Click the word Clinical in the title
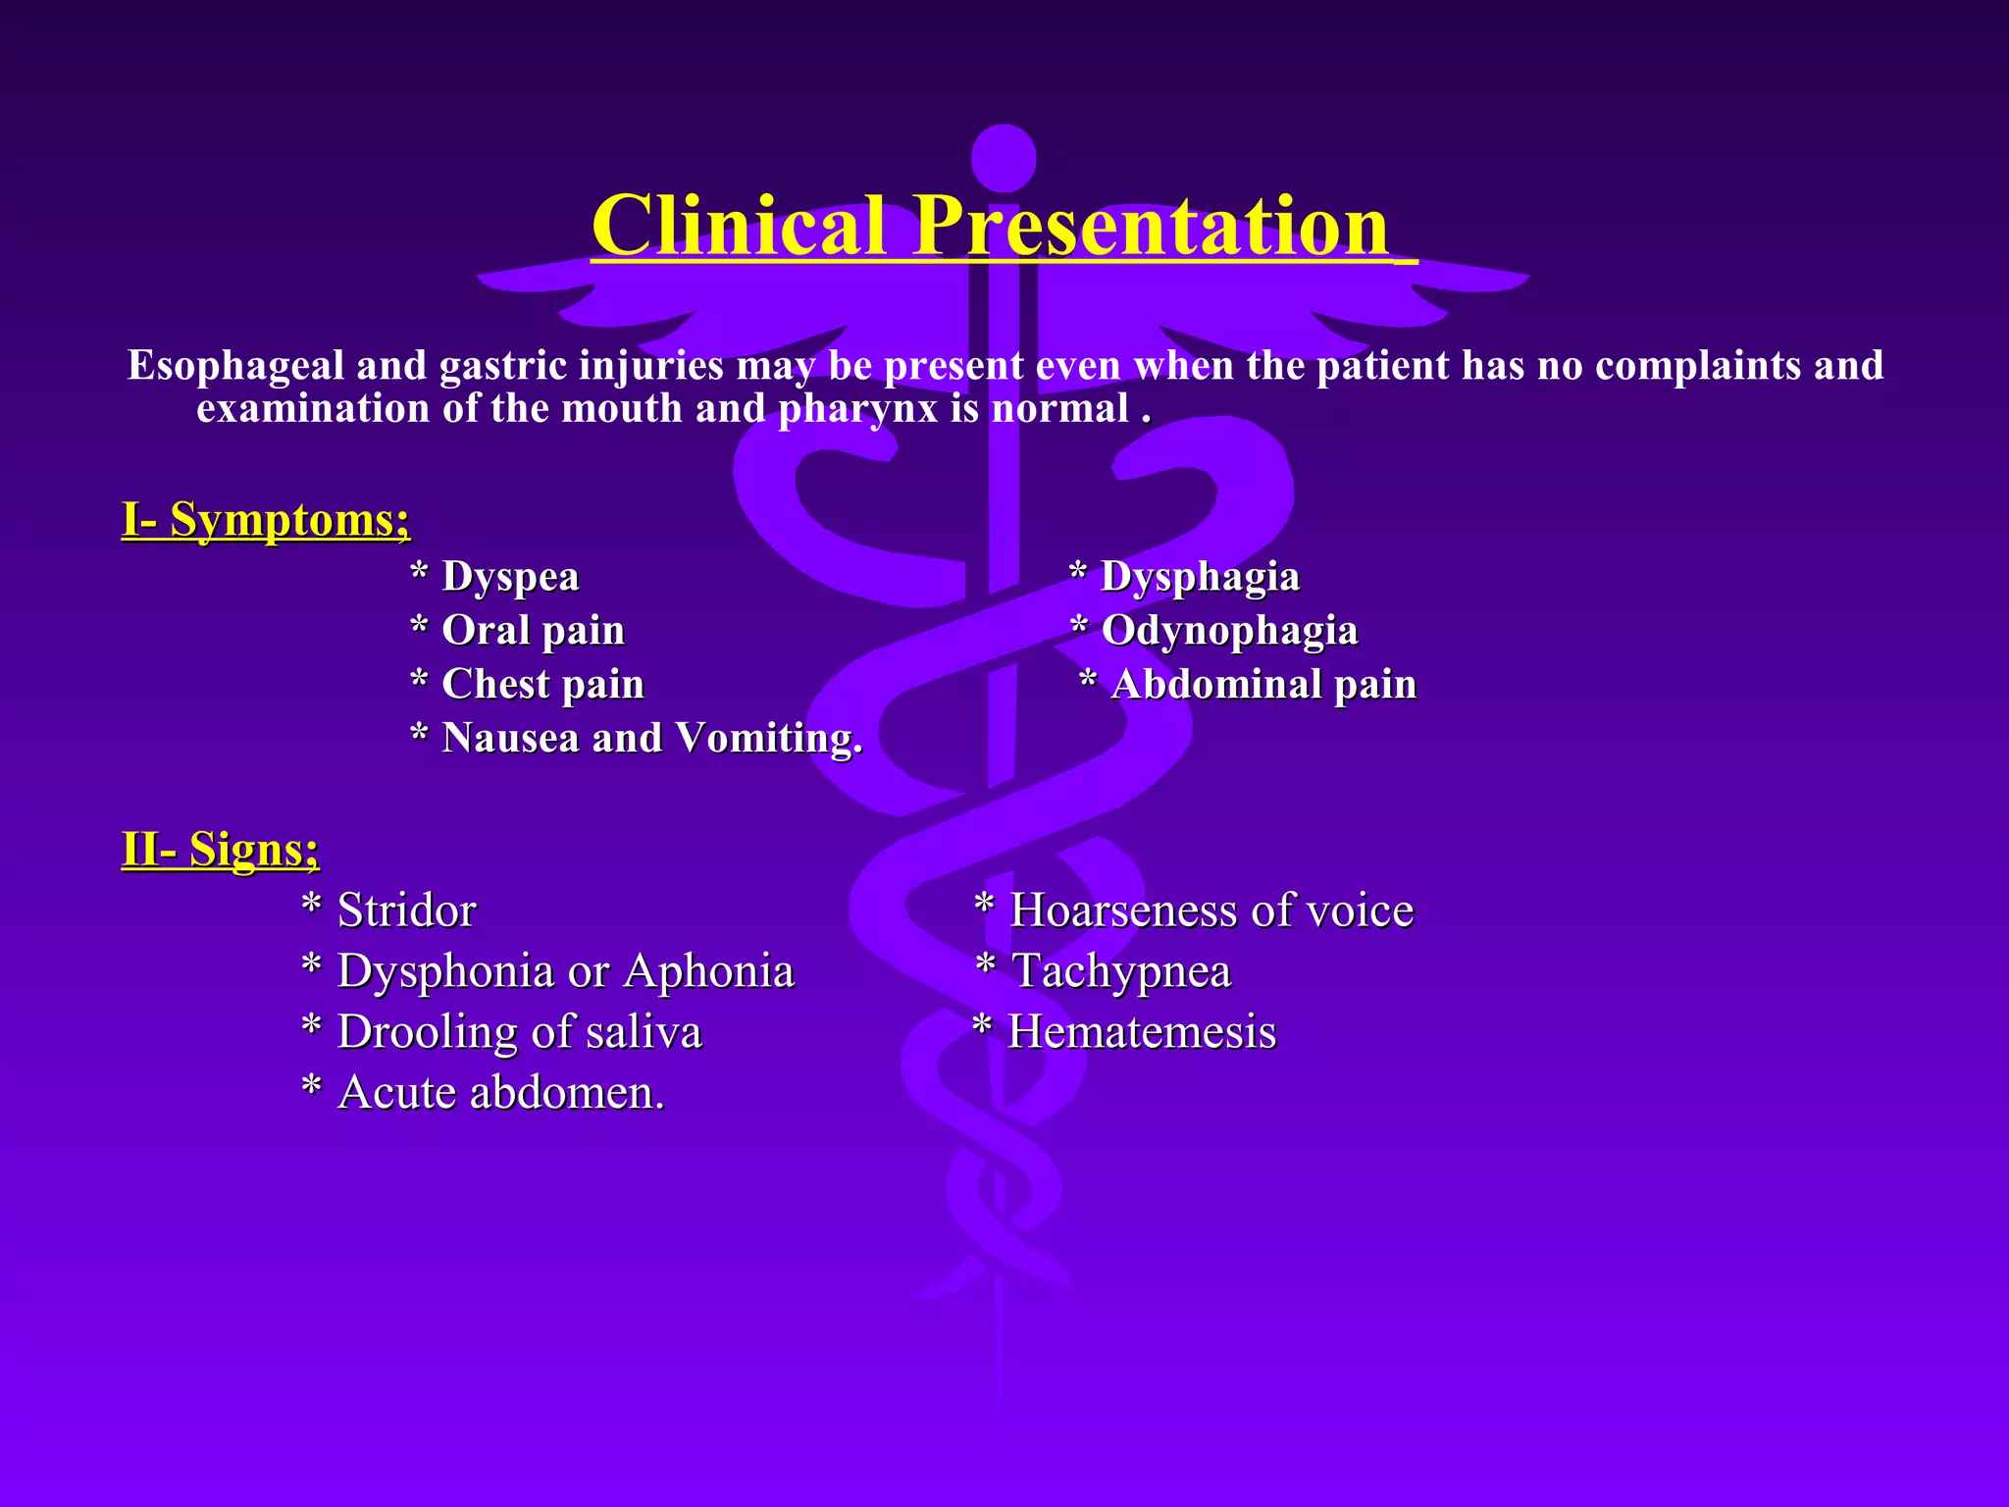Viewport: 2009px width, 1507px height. tap(739, 227)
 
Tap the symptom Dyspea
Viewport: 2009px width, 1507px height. tap(510, 577)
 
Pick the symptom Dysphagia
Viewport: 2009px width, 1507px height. tap(1200, 577)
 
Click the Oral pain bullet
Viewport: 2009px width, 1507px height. tap(533, 631)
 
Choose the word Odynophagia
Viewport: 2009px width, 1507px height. tap(1229, 631)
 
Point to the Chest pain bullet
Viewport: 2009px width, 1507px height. tap(542, 685)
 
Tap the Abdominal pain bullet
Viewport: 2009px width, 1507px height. tap(1263, 685)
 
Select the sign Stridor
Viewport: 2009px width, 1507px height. tap(406, 910)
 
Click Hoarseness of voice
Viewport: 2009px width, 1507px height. tap(1211, 910)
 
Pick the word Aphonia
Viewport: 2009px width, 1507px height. tap(708, 971)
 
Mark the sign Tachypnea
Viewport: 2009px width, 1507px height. tap(1120, 971)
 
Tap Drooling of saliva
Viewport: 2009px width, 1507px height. tap(519, 1032)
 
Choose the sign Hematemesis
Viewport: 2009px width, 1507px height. tap(1142, 1032)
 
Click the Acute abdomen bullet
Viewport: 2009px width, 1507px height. tap(500, 1093)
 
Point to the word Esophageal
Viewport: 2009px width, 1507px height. tap(235, 366)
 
